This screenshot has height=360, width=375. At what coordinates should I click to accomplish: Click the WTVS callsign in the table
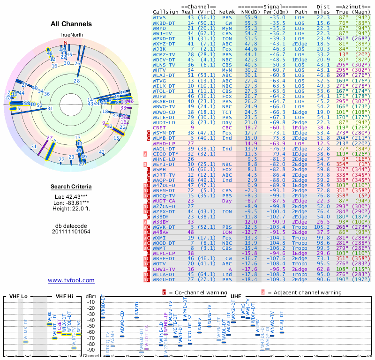160,17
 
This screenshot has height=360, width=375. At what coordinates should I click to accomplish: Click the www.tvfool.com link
71,280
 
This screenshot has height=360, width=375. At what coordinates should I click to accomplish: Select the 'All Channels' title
71,24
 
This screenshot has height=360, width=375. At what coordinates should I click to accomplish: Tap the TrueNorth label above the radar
71,35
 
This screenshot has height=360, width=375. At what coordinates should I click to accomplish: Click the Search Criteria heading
71,187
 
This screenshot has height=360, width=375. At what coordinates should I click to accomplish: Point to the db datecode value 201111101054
71,232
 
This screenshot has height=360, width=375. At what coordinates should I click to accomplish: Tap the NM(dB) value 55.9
251,17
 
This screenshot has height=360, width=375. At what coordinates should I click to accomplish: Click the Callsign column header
165,11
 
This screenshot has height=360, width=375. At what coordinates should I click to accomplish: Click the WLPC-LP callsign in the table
163,253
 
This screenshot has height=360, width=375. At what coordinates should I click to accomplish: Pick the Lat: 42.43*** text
71,197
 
